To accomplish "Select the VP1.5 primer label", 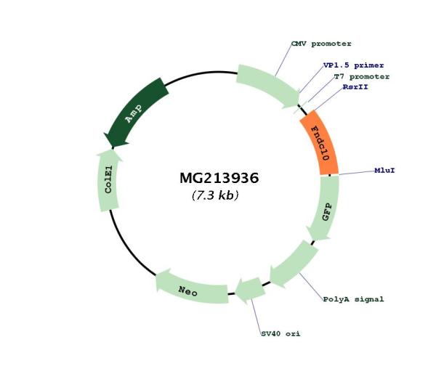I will (x=354, y=65).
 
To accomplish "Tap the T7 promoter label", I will (x=361, y=76).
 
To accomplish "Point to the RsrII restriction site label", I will (x=356, y=86).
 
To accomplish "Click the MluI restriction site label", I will (x=384, y=171).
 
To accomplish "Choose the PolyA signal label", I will (x=353, y=298).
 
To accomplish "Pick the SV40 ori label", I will (x=280, y=334).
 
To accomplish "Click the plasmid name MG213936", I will (x=219, y=178).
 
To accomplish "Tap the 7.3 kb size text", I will (x=215, y=195).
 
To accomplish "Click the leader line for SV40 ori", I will (x=256, y=312).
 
